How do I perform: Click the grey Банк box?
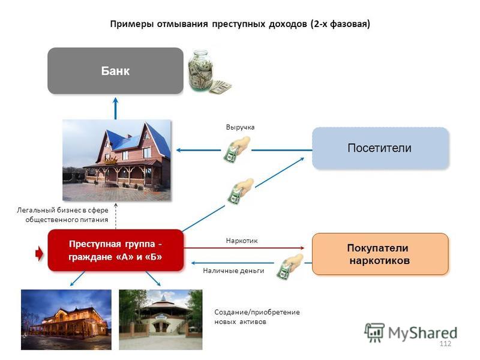point(115,71)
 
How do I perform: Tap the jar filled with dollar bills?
point(200,71)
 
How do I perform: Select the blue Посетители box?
point(380,148)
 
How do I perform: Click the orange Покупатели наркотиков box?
point(380,254)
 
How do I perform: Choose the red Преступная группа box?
point(115,250)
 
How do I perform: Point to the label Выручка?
point(241,127)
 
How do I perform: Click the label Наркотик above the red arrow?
point(242,241)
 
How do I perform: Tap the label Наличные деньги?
point(233,271)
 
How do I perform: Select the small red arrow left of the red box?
point(40,254)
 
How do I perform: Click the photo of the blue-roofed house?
point(116,160)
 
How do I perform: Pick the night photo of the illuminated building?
point(66,320)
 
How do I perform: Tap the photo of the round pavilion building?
point(160,320)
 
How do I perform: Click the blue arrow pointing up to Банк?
point(115,109)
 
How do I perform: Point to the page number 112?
point(445,343)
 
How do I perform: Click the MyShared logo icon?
point(374,332)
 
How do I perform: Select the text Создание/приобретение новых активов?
point(257,317)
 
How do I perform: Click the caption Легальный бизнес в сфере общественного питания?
point(62,215)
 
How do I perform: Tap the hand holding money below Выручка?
point(237,149)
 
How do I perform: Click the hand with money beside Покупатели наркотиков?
point(290,265)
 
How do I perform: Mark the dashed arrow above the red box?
point(116,216)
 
